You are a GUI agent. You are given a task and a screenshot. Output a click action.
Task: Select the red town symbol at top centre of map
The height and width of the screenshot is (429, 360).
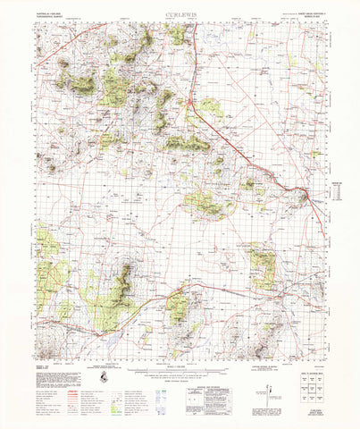point(190,105)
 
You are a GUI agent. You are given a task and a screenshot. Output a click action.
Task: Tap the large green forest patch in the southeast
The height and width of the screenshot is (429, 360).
point(263,268)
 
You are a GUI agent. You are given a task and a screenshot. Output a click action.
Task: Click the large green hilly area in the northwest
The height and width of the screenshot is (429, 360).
point(114,87)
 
